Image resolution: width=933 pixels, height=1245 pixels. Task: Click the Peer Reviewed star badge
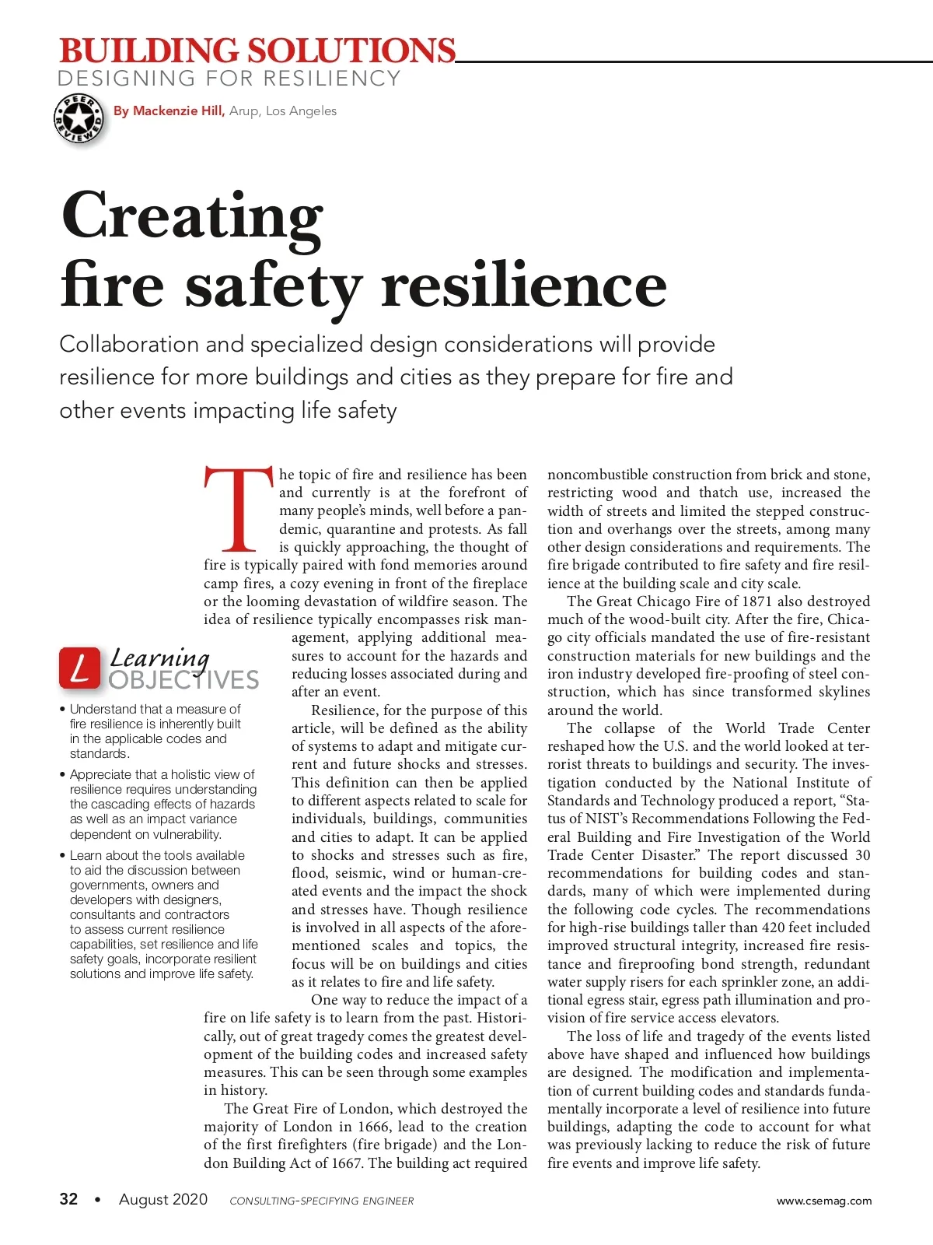point(79,119)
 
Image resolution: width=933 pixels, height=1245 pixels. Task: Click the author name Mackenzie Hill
point(178,110)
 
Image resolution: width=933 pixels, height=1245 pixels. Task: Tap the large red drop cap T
point(239,508)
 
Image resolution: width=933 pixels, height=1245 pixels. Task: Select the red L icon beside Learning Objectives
point(79,668)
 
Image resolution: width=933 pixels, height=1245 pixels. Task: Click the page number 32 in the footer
point(68,1199)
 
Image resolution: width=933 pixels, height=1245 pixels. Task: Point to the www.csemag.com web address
point(823,1201)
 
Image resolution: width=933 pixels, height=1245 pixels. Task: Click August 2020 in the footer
point(162,1199)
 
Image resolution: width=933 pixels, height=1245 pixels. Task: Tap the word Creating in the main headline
point(191,216)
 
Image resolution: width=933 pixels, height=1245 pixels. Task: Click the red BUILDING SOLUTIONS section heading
point(257,51)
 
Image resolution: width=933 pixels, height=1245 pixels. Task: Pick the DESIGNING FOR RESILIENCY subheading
point(229,79)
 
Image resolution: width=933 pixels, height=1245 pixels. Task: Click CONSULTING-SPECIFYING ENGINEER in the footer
point(321,1201)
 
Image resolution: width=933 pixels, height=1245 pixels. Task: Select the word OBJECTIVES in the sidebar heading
point(183,680)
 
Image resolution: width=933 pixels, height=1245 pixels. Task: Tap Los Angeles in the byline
point(301,110)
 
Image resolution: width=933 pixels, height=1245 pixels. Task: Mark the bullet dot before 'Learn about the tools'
point(62,856)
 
